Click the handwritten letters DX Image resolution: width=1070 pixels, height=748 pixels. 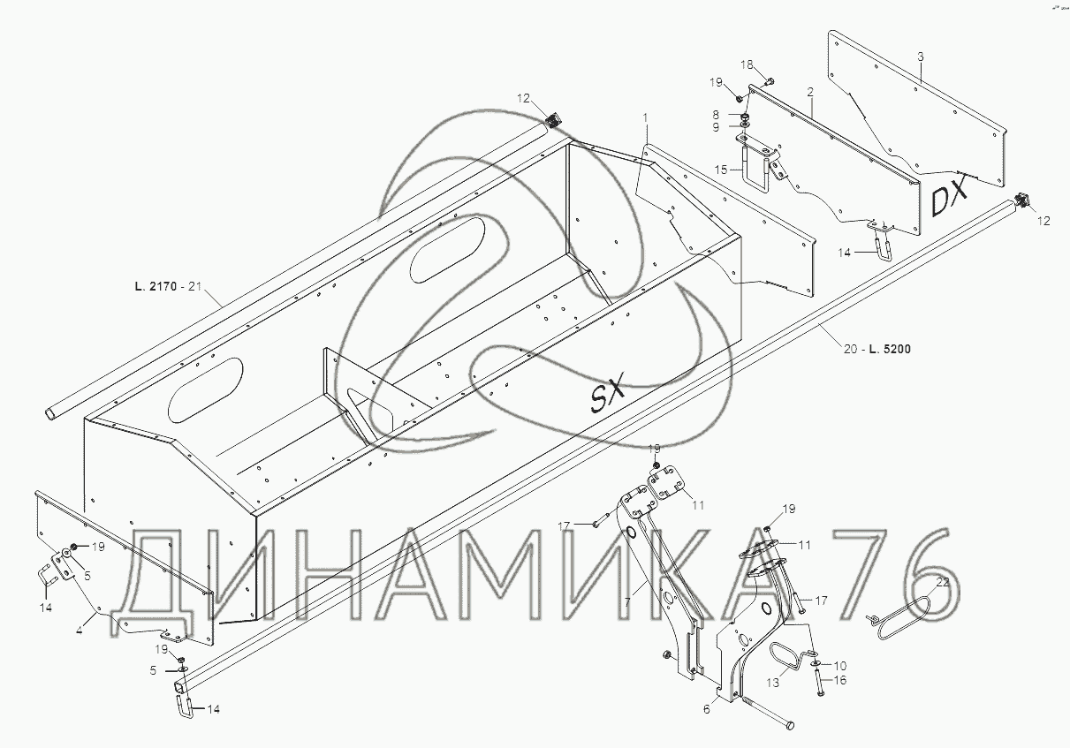(949, 195)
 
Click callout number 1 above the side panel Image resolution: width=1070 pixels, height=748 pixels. (646, 117)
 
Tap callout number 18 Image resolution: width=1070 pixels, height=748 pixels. (746, 64)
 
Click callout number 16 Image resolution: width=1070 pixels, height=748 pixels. (840, 680)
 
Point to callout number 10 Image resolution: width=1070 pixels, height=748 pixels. (839, 664)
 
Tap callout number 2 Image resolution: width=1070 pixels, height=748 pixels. (809, 92)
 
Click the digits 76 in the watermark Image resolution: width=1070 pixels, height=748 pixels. (892, 574)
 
